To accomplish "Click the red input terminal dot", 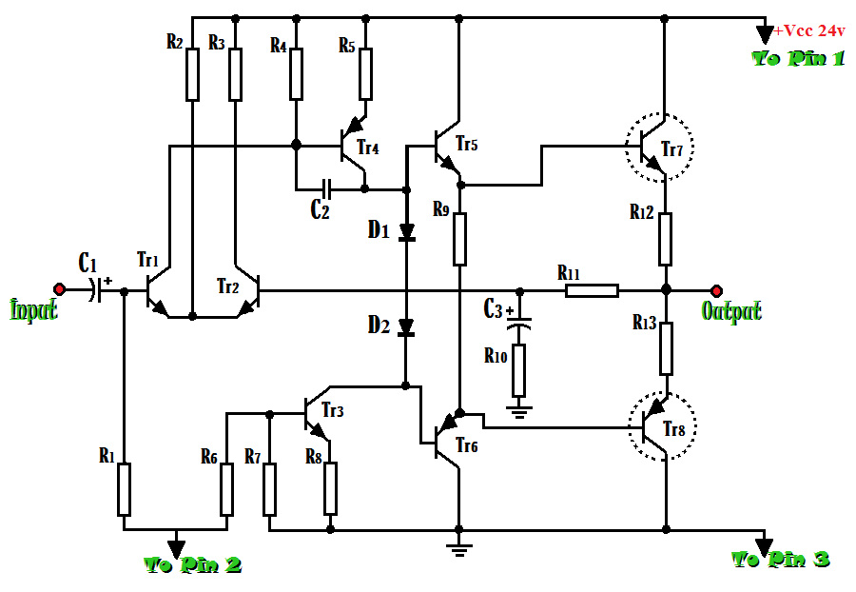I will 59,288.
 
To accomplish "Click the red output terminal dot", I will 715,288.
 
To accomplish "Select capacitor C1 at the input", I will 95,288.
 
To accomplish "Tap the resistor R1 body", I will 124,489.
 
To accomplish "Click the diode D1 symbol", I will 406,231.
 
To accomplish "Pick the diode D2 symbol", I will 406,328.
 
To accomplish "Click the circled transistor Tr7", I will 660,148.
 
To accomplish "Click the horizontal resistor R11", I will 592,289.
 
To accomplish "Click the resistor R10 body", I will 518,371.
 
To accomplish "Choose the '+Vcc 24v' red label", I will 809,30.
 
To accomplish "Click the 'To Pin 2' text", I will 192,565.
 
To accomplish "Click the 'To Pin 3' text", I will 781,559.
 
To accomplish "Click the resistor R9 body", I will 459,238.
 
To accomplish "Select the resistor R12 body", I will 665,239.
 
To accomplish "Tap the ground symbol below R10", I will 518,411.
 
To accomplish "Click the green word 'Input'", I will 33,310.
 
